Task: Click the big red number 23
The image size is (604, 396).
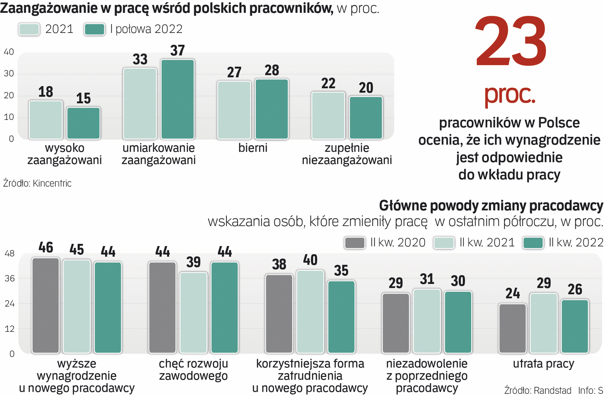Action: coord(511,42)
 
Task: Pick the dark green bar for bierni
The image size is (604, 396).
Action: coord(272,109)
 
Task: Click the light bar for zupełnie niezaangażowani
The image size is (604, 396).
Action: coord(328,115)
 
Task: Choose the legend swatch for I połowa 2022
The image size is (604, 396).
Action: coord(94,29)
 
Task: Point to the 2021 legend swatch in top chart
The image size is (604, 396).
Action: coord(29,29)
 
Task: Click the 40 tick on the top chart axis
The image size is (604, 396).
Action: coord(9,52)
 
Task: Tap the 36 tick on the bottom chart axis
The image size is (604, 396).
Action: coord(10,278)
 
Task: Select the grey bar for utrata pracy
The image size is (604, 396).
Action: coord(512,328)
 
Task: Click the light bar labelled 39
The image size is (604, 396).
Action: coord(193,312)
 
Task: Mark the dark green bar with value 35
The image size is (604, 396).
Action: coord(341,317)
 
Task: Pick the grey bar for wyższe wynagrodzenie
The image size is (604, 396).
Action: coord(45,305)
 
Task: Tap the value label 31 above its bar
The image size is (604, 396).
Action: coord(427,279)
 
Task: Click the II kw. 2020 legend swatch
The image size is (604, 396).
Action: coord(355,243)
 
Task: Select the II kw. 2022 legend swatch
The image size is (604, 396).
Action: coord(533,243)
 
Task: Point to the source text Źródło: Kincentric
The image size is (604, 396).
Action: coord(37,183)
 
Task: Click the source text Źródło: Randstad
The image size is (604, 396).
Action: coord(538,390)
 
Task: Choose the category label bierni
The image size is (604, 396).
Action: coord(253,148)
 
